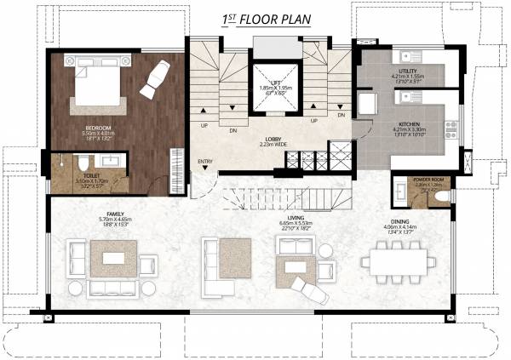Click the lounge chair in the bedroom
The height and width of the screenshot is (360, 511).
[154, 78]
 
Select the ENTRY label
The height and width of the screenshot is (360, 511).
[205, 161]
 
